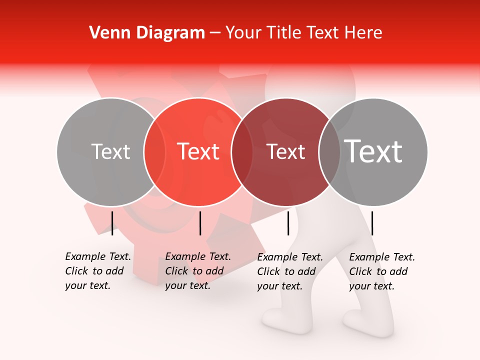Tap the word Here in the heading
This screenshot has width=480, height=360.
364,33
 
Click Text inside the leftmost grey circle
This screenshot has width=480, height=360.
110,152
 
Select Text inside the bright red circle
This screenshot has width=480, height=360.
198,152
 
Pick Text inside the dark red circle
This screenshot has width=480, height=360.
286,152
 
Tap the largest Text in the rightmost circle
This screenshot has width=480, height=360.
373,152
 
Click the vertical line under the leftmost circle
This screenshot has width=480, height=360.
112,223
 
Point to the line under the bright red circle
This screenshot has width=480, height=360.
200,223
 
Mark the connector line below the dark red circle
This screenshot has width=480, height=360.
288,223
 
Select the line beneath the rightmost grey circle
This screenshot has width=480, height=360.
372,223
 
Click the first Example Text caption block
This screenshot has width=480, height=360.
98,271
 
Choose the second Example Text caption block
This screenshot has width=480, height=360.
198,271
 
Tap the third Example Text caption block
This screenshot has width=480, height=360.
290,271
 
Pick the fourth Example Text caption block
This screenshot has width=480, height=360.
382,271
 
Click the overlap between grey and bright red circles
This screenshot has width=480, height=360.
154,152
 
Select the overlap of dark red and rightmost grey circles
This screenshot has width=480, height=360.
329,152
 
